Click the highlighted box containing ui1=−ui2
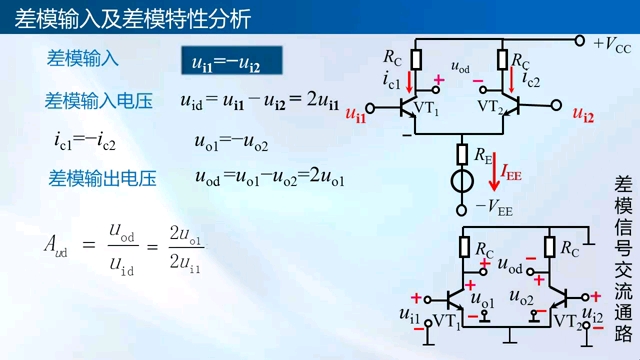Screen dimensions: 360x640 pyautogui.click(x=231, y=62)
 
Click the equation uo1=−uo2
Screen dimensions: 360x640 pyautogui.click(x=231, y=141)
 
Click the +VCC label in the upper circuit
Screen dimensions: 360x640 pyautogui.click(x=611, y=44)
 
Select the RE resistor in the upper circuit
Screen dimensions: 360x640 pyautogui.click(x=463, y=154)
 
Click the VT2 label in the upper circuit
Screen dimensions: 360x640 pyautogui.click(x=492, y=106)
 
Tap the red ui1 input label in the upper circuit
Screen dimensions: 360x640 pyautogui.click(x=355, y=114)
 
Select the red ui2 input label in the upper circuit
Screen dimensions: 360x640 pyautogui.click(x=583, y=114)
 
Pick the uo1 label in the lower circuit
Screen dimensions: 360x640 pyautogui.click(x=481, y=299)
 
